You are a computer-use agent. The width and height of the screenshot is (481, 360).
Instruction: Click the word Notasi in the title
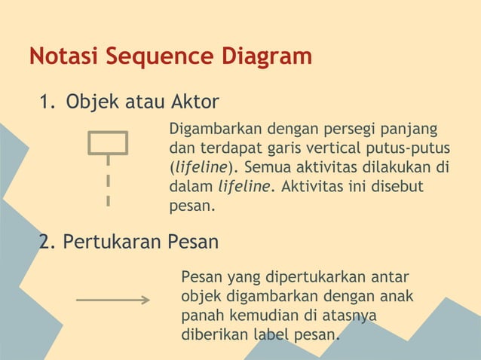(x=62, y=56)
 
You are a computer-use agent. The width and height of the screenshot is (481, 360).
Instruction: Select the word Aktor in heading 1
(x=195, y=101)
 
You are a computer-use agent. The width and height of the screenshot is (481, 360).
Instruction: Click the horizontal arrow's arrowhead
(x=145, y=300)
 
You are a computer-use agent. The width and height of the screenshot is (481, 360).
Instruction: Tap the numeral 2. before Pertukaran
(x=47, y=242)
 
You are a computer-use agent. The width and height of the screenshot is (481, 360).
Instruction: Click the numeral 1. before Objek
(x=47, y=101)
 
